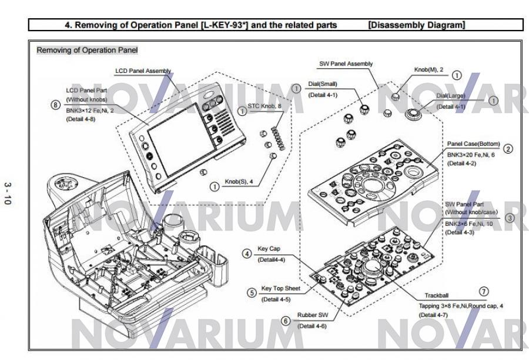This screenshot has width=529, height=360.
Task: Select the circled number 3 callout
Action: pos(509,217)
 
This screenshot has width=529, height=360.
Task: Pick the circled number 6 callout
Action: pos(286,321)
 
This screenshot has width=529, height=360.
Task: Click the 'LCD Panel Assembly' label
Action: pos(143,71)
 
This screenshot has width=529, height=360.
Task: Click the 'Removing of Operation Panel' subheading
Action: pos(87,50)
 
